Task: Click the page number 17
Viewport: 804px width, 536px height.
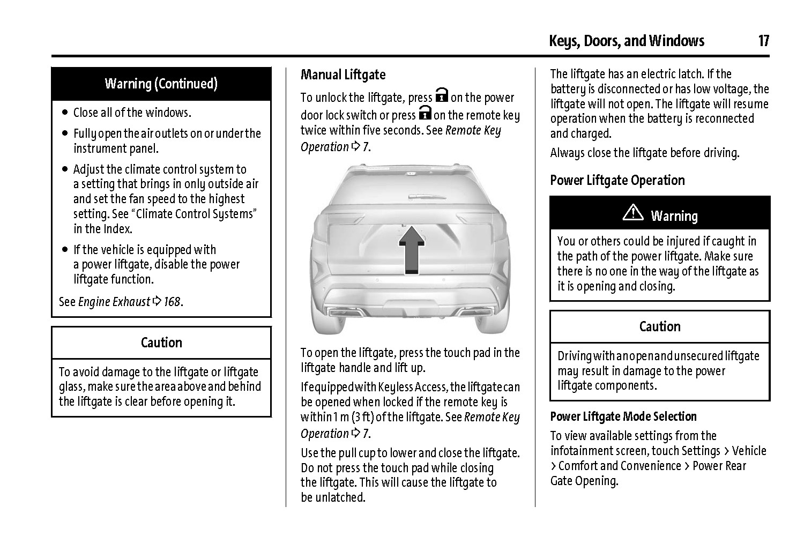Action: tap(763, 41)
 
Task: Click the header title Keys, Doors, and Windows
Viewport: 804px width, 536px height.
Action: tap(626, 41)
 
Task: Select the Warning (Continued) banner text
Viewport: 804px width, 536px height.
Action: tap(161, 84)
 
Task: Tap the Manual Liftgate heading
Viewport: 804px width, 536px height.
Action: tap(343, 75)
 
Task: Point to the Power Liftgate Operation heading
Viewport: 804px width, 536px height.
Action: tap(617, 180)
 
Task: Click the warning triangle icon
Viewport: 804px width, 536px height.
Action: tap(633, 213)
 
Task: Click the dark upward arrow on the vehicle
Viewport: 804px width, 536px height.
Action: tap(411, 249)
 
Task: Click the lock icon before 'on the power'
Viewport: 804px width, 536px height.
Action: tap(441, 95)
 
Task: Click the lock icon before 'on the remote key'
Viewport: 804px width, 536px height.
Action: tap(425, 113)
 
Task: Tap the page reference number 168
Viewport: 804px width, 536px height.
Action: tap(172, 302)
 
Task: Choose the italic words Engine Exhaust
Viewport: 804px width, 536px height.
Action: tap(114, 302)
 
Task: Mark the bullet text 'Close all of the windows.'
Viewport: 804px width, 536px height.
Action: tap(132, 113)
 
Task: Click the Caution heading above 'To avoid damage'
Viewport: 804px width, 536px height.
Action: tap(161, 343)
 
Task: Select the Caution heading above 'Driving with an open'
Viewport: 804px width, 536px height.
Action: tap(660, 326)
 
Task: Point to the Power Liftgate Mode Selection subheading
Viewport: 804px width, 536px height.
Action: tap(623, 416)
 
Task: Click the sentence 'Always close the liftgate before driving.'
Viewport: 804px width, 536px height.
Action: tap(644, 153)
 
